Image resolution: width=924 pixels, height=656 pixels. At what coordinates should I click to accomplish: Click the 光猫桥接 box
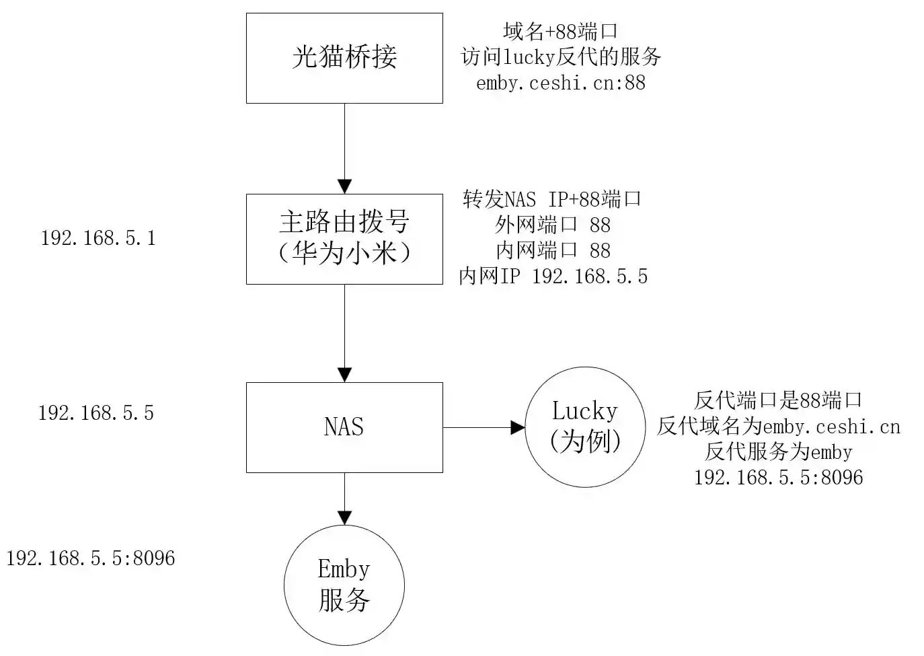click(344, 58)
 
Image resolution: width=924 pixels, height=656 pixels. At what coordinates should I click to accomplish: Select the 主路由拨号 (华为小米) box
click(344, 239)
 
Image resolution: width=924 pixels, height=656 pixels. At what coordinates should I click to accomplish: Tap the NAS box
click(344, 427)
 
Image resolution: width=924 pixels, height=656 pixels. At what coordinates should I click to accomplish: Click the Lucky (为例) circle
click(584, 427)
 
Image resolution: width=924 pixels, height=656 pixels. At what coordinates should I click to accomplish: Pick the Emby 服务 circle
click(344, 585)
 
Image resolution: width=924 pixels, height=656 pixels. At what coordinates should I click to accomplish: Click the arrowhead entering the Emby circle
click(344, 517)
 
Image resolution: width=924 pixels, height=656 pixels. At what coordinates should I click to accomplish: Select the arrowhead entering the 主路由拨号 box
click(344, 186)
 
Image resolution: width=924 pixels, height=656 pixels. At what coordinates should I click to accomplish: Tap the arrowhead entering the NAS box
click(344, 375)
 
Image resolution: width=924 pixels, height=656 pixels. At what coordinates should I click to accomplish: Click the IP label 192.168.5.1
click(98, 238)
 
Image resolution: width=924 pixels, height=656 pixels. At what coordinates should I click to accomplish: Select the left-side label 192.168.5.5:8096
click(91, 558)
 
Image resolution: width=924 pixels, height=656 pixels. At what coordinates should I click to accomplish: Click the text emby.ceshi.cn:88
click(560, 83)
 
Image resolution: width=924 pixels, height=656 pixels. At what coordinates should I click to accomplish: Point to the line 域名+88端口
click(560, 31)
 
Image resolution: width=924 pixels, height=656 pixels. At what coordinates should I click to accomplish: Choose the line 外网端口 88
click(553, 225)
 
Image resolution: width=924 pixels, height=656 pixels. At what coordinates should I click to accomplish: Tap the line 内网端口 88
click(553, 250)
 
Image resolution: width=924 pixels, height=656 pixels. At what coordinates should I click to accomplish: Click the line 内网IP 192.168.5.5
click(553, 276)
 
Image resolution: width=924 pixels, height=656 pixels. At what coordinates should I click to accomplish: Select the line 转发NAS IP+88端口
click(552, 199)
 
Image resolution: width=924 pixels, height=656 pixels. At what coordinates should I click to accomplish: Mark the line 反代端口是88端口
click(778, 400)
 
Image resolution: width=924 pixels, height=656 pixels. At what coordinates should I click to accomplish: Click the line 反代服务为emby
click(778, 451)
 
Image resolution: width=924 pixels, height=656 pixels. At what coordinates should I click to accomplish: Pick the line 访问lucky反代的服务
click(561, 57)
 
